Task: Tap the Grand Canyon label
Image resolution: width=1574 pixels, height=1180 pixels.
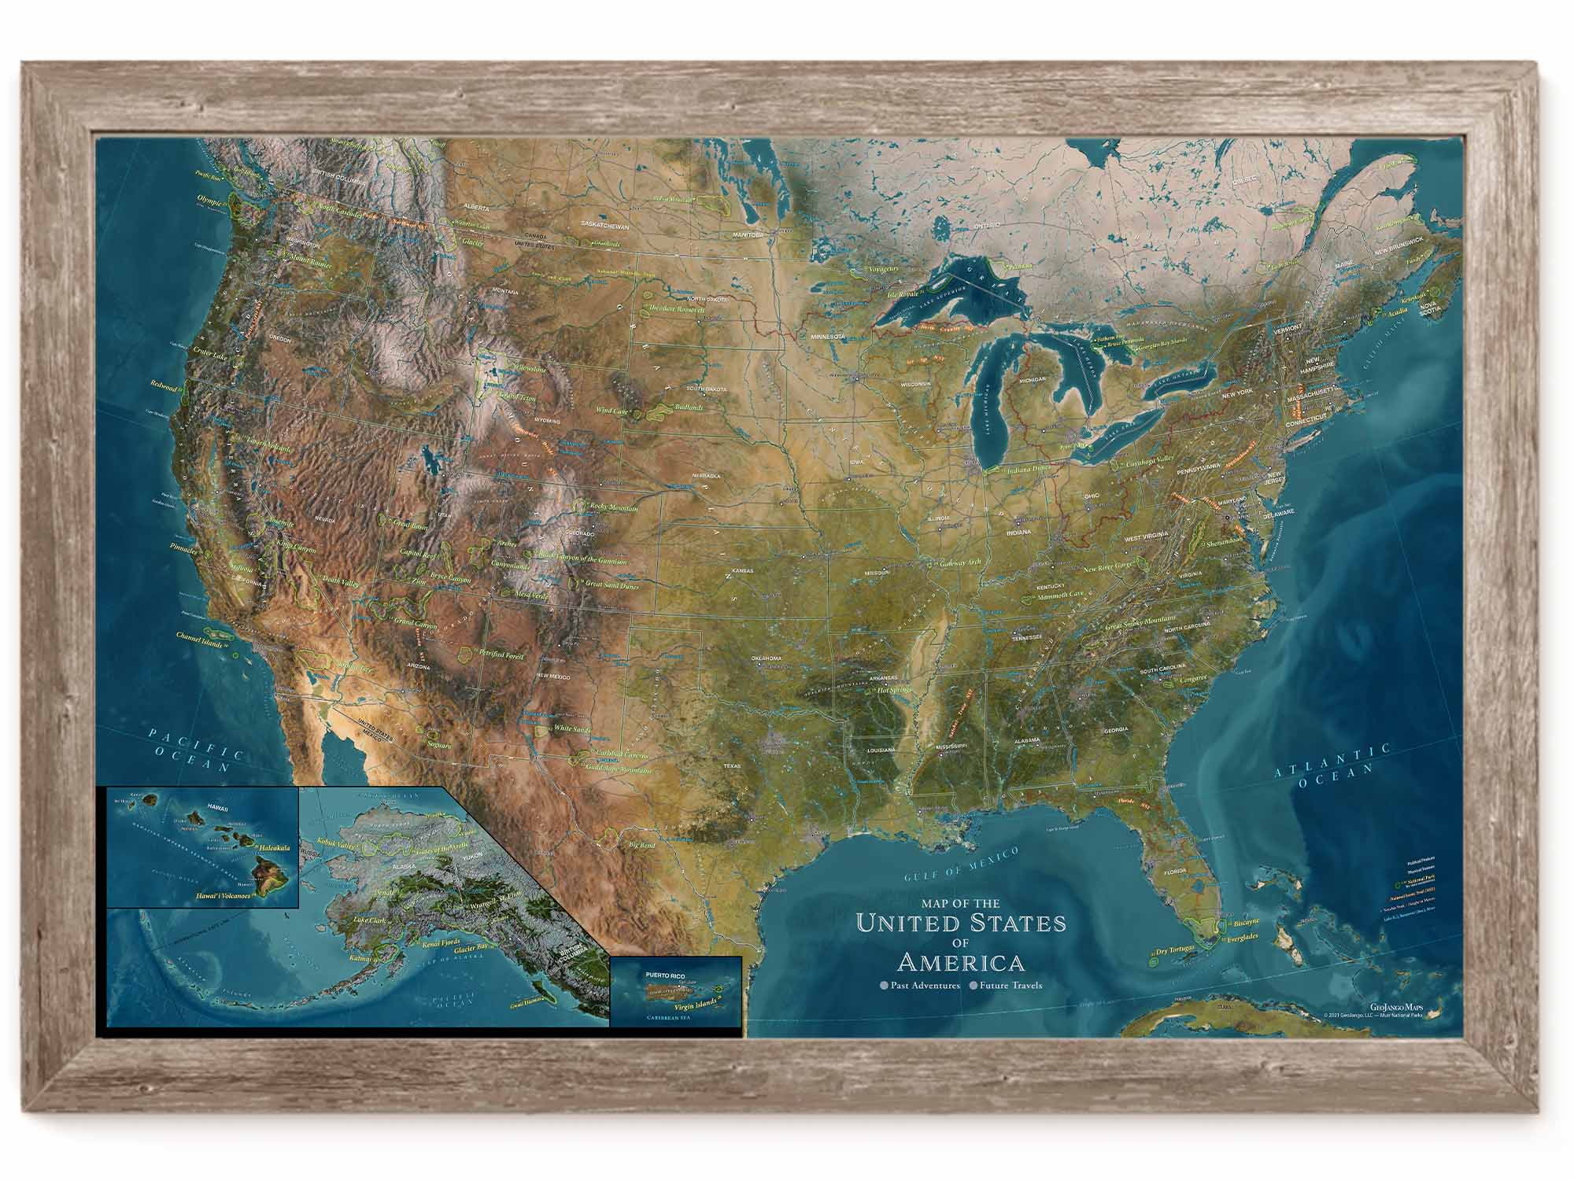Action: [x=416, y=623]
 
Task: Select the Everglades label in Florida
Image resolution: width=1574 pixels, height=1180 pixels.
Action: [x=1242, y=937]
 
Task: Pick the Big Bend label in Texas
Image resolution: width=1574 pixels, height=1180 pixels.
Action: [x=641, y=846]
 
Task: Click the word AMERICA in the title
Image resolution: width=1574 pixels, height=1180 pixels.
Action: [x=961, y=962]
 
